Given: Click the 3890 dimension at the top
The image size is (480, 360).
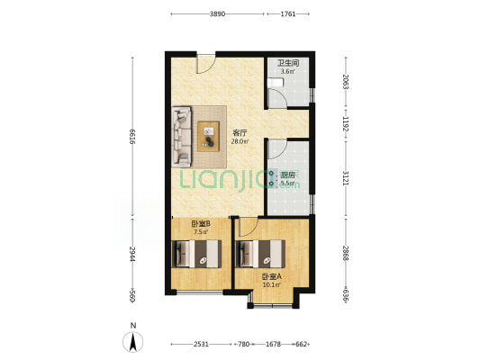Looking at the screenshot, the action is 217,14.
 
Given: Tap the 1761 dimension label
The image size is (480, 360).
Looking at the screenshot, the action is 288,14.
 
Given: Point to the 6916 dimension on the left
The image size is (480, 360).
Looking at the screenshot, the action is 132,137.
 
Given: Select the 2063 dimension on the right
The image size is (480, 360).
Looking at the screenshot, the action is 346,82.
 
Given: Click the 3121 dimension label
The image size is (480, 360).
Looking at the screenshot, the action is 346,178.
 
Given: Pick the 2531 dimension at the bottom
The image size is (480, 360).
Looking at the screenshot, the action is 201,345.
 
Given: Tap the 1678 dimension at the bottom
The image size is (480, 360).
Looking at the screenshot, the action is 273,345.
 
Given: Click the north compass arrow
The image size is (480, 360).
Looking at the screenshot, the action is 133,342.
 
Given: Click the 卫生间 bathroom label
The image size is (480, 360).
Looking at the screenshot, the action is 288,63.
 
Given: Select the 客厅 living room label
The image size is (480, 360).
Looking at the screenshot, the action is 240,133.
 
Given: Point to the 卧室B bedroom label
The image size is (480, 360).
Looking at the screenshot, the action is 201,223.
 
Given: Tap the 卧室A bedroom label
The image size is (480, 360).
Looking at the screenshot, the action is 272,277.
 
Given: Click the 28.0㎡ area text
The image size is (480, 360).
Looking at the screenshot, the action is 240,141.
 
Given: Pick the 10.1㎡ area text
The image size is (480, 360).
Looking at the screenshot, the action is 272,285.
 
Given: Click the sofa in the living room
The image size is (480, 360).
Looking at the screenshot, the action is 182,137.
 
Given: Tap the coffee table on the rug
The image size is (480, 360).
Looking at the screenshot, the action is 208,137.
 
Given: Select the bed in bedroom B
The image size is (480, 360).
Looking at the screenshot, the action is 197,254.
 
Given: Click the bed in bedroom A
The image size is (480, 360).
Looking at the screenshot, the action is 261,254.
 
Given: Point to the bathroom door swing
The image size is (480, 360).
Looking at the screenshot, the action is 277,98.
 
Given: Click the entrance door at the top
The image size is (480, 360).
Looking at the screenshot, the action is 205,64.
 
